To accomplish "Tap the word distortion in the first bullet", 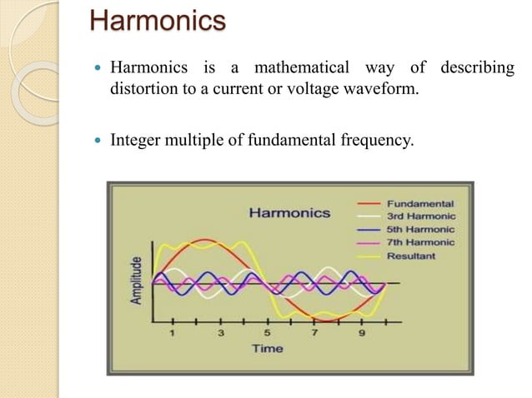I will (x=143, y=89).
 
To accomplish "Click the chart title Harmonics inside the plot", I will (x=289, y=212).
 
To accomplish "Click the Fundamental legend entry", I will (x=421, y=203).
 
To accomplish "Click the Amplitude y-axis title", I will (x=135, y=280).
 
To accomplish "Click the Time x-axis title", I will (x=269, y=348).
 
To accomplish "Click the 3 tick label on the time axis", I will (x=220, y=333).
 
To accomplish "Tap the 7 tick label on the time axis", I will (x=314, y=333).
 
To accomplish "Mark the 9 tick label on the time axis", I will (x=362, y=333).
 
